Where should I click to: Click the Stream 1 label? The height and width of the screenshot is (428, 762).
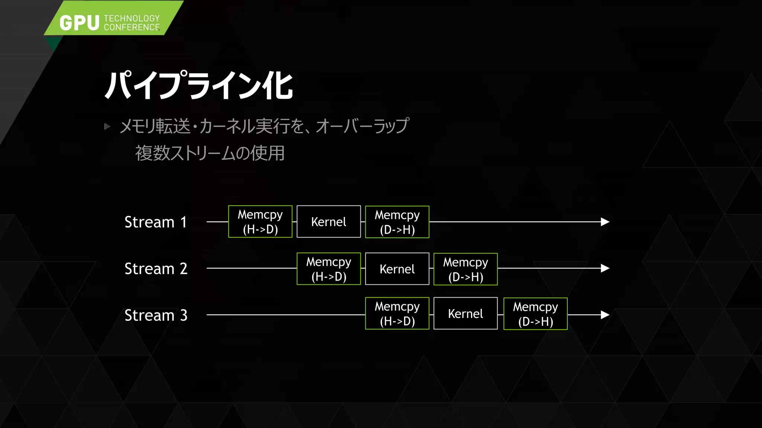click(x=156, y=222)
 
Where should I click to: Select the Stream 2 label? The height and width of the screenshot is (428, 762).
click(x=156, y=269)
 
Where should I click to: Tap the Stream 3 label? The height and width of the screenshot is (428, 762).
click(x=156, y=315)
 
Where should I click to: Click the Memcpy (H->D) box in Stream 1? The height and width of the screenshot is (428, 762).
click(x=260, y=222)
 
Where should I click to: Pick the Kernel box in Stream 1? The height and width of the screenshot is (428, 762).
click(x=329, y=222)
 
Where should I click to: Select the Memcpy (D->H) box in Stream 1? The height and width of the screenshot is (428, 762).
click(x=397, y=222)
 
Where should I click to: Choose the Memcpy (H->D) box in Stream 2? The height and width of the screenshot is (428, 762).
click(x=329, y=269)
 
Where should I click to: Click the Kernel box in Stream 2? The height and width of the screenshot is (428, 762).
click(x=397, y=269)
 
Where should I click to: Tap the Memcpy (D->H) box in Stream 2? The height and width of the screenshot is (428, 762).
click(x=465, y=269)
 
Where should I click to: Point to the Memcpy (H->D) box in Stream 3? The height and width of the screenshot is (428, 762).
click(x=397, y=314)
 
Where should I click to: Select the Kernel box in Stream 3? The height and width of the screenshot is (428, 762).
click(x=465, y=314)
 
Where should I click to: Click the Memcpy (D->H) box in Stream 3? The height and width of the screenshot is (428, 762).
click(x=535, y=314)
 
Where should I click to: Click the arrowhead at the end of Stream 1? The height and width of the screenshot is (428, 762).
click(x=605, y=222)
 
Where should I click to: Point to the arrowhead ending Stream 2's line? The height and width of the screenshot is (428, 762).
click(x=605, y=268)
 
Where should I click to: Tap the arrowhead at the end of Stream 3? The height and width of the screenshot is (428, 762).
click(x=605, y=315)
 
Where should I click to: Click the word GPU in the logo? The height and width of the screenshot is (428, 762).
click(x=79, y=23)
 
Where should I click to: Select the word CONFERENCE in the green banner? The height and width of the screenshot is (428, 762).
click(x=132, y=27)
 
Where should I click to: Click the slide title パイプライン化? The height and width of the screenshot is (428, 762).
click(x=199, y=85)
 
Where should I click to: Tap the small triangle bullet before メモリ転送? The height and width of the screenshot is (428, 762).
click(x=108, y=127)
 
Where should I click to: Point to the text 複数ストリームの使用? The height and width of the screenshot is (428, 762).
click(x=210, y=153)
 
